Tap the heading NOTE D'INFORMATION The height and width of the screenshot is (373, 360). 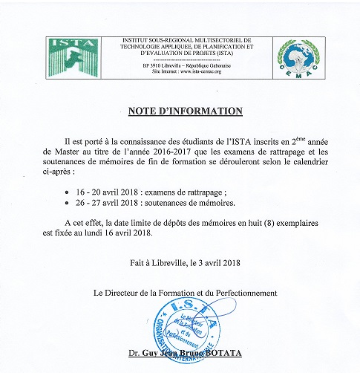click(180, 111)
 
